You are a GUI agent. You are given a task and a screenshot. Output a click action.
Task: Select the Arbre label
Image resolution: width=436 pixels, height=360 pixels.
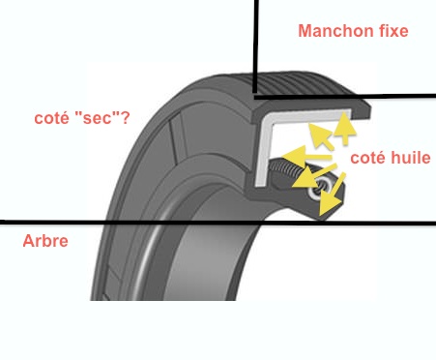click(x=45, y=241)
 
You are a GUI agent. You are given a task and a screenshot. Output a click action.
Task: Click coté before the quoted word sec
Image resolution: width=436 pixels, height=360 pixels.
click(x=51, y=118)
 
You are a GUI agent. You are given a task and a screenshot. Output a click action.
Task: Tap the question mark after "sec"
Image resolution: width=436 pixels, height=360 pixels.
click(x=126, y=118)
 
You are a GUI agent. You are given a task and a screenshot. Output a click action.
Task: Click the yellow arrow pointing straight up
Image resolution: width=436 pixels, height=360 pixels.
click(x=345, y=128)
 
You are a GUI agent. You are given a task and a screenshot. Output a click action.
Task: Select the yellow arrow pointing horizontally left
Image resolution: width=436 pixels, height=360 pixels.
click(x=306, y=156)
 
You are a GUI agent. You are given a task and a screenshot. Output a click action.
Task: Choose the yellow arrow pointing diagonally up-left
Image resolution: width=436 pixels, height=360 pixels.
click(x=321, y=136)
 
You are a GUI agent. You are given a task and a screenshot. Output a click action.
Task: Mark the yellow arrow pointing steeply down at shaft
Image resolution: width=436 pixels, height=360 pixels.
click(x=332, y=195)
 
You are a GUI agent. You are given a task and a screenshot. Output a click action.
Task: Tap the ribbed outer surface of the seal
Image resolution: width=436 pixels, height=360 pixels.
click(x=300, y=84)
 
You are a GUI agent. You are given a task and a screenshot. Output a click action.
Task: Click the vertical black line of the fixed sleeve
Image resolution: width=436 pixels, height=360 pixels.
click(x=255, y=47)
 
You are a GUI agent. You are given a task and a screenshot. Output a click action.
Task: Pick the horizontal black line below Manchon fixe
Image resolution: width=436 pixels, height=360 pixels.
click(x=345, y=96)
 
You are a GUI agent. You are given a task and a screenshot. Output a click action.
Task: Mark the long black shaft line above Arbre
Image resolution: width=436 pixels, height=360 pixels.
click(x=218, y=223)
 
